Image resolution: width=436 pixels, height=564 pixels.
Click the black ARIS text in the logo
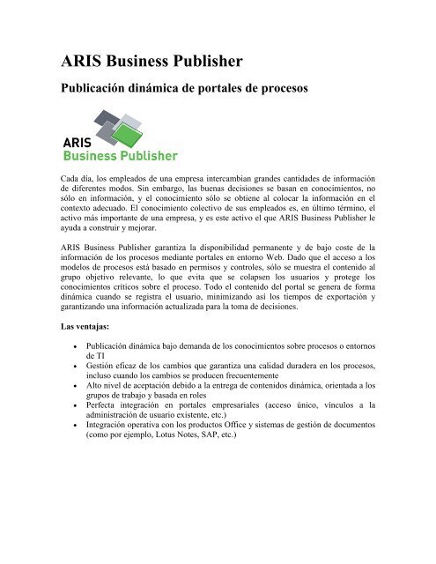[x=79, y=140]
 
